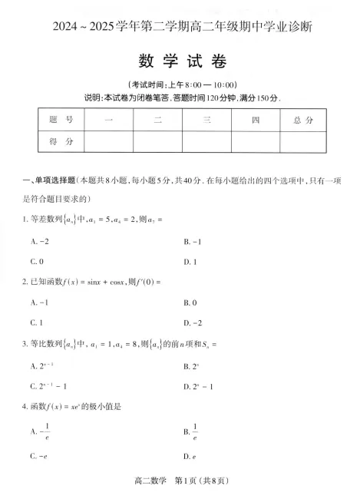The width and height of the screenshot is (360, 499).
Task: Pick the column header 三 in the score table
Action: [x=206, y=120]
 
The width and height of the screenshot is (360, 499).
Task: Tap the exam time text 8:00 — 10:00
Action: [x=206, y=84]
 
